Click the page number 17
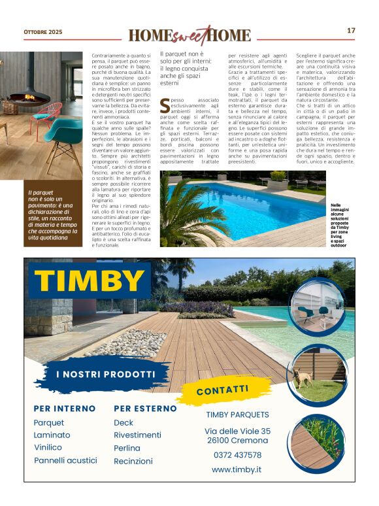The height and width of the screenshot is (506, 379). [x=351, y=31]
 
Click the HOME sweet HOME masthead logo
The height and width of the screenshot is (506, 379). [x=189, y=35]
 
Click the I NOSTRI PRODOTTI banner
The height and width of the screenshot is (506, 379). [x=105, y=375]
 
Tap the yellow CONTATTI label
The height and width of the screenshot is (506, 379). [x=222, y=390]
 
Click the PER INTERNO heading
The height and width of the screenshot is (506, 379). [x=64, y=409]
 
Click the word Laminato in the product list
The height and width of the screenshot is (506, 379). [x=52, y=435]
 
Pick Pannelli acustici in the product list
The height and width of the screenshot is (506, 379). [x=65, y=460]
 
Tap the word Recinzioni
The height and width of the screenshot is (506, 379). [x=133, y=461]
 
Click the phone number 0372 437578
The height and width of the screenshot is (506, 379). [x=237, y=455]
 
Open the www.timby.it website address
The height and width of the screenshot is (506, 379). [x=237, y=469]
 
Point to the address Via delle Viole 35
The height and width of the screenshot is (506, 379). [x=237, y=431]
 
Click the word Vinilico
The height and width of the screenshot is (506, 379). [x=48, y=448]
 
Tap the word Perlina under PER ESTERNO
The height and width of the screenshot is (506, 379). [x=127, y=448]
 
